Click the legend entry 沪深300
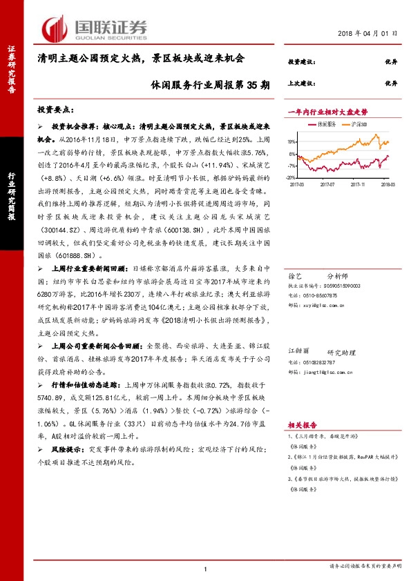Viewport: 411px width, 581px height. pyautogui.click(x=356, y=124)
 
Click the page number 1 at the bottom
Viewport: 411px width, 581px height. pyautogui.click(x=205, y=568)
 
